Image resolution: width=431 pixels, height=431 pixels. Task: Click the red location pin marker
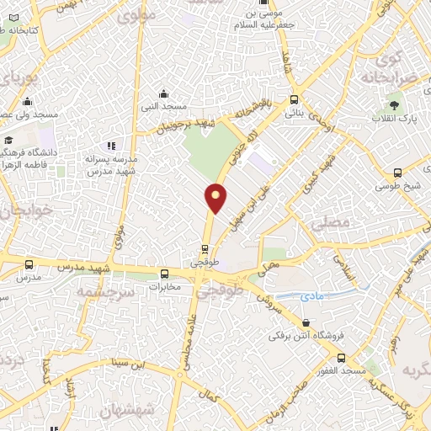pyautogui.click(x=216, y=198)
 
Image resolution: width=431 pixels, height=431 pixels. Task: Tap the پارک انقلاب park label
pyautogui.click(x=396, y=121)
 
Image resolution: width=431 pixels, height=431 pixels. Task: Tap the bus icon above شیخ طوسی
pyautogui.click(x=397, y=173)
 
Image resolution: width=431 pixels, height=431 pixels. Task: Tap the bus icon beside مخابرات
pyautogui.click(x=165, y=274)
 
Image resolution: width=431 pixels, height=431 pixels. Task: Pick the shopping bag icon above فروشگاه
pyautogui.click(x=305, y=322)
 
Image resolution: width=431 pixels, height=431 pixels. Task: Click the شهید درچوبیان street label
pyautogui.click(x=187, y=127)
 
